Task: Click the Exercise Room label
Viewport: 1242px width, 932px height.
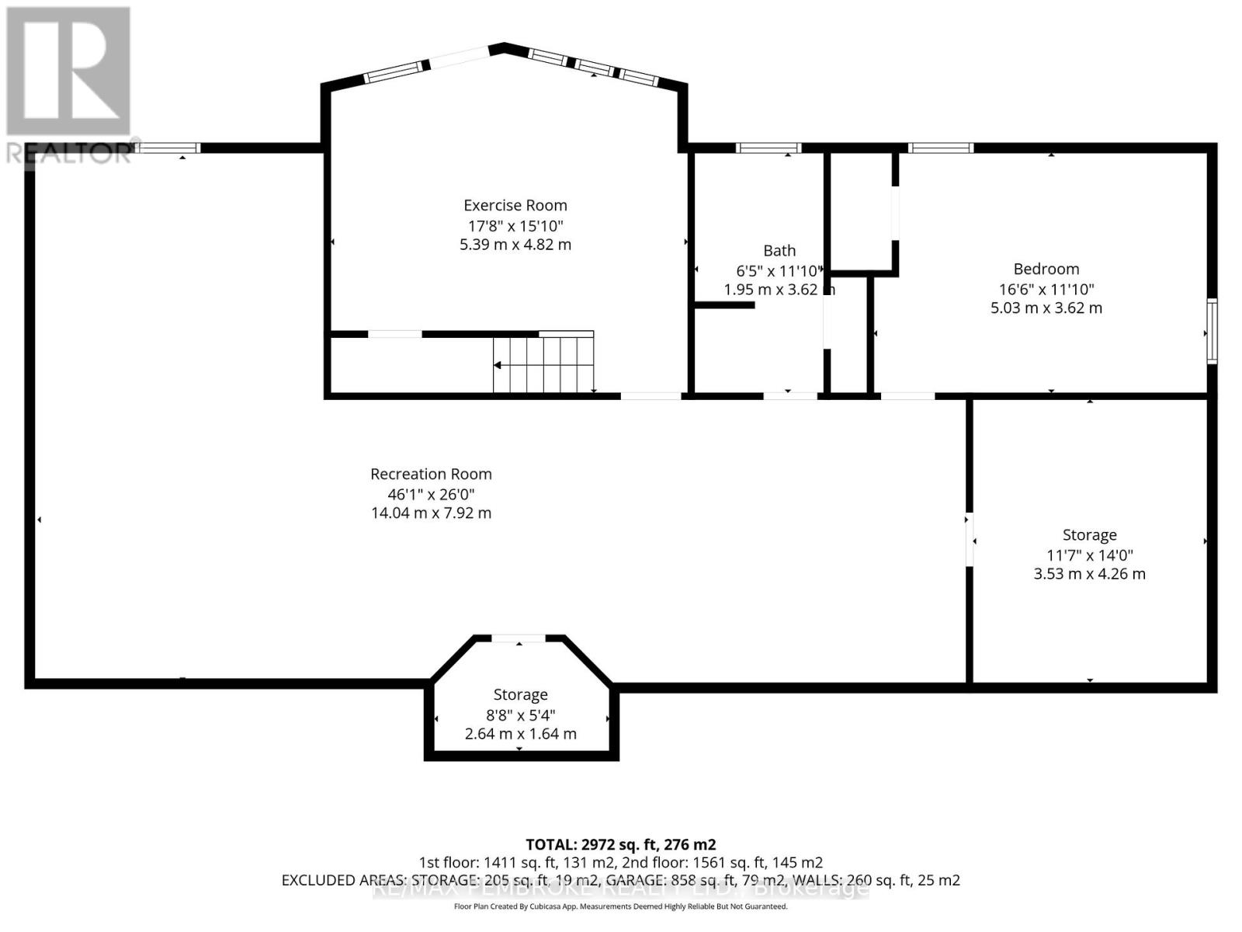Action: point(515,205)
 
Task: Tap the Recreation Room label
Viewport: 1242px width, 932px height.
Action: point(431,474)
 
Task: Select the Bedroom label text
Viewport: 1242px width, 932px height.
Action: point(1046,269)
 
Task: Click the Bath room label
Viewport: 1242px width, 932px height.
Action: point(779,250)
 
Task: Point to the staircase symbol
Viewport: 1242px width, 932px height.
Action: point(544,364)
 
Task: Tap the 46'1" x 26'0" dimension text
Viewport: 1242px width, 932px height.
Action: point(431,494)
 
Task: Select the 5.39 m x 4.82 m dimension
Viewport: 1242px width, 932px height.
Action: point(515,245)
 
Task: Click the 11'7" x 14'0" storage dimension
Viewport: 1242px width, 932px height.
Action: point(1089,555)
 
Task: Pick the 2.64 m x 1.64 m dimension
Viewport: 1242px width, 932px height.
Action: point(520,734)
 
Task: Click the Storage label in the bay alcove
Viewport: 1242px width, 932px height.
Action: point(520,694)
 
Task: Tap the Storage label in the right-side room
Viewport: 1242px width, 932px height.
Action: point(1089,534)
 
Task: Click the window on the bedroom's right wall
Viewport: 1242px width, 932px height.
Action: point(1212,330)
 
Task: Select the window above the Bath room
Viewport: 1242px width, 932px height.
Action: point(768,148)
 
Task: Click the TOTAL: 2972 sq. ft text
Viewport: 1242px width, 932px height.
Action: point(620,844)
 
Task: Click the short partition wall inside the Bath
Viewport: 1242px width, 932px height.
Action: point(724,305)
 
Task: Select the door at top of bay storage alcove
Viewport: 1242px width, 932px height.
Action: point(519,638)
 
